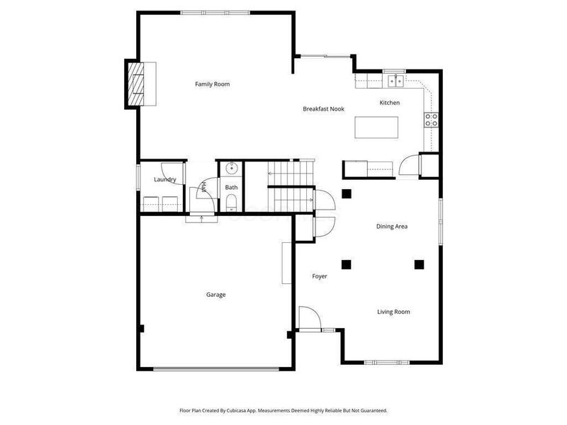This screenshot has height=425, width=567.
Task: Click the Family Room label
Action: point(212,84)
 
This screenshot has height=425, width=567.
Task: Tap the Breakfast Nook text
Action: point(323,109)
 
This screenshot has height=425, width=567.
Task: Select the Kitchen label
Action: point(389,103)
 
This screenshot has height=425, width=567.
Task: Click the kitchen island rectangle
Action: point(376,127)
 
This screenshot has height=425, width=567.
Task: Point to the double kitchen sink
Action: point(394,81)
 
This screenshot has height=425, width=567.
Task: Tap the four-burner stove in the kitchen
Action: point(430,120)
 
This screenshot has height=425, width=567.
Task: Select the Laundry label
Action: point(164,180)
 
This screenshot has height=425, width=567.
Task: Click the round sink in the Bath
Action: point(230,169)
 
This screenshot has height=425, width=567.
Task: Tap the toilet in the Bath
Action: point(231,205)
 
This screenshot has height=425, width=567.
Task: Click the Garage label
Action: point(215,295)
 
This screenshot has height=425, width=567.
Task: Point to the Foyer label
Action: point(320,276)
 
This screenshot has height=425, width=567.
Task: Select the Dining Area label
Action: point(391,227)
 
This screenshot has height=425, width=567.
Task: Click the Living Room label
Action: point(393,312)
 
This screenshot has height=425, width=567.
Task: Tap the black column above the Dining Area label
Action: point(346,193)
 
